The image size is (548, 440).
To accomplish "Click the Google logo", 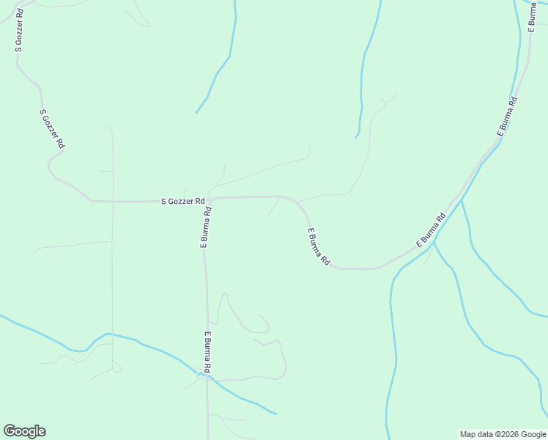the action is pyautogui.click(x=24, y=431).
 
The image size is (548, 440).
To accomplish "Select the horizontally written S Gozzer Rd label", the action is pyautogui.click(x=182, y=200).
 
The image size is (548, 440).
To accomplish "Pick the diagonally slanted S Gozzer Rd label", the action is pyautogui.click(x=52, y=130).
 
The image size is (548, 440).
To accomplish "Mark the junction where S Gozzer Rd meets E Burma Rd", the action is pyautogui.click(x=210, y=199).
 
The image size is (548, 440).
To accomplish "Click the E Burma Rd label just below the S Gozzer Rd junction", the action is pyautogui.click(x=206, y=228).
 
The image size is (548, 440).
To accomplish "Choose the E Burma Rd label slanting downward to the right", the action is pyautogui.click(x=319, y=247).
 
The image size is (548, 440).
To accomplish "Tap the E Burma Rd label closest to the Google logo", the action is pyautogui.click(x=208, y=353).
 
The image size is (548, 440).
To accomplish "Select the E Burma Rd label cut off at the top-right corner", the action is pyautogui.click(x=532, y=15).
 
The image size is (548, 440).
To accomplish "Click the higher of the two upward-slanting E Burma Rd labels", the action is pyautogui.click(x=507, y=116).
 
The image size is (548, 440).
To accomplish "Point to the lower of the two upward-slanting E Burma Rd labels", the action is pyautogui.click(x=431, y=230).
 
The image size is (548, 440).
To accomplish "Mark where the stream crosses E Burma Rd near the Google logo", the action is pyautogui.click(x=207, y=376).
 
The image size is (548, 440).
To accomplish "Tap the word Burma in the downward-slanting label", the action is pyautogui.click(x=319, y=247).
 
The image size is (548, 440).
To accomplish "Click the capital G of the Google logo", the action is pyautogui.click(x=10, y=431).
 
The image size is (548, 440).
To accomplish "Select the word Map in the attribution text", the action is pyautogui.click(x=467, y=434).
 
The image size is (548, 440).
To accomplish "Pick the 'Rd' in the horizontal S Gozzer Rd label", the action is pyautogui.click(x=199, y=200).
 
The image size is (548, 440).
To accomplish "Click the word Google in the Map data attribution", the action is pyautogui.click(x=531, y=434).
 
